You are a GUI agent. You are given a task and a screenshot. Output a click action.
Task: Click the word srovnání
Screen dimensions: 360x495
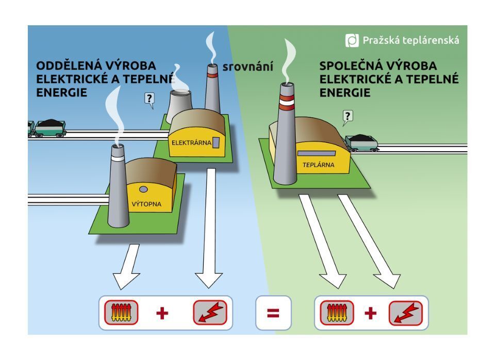tap(247, 67)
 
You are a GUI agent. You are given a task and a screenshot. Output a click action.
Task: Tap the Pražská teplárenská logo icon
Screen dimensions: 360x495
tap(352, 40)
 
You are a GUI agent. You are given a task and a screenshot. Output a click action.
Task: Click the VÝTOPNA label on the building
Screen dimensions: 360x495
tap(146, 204)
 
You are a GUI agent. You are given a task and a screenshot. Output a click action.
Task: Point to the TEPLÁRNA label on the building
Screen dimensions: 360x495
tap(318, 165)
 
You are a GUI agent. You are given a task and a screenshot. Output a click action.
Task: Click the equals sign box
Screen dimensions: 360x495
tap(273, 313)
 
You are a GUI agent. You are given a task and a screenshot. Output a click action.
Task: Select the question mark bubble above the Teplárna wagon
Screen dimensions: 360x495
tap(348, 117)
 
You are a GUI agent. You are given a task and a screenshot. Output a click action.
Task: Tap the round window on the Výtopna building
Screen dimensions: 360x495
tap(143, 189)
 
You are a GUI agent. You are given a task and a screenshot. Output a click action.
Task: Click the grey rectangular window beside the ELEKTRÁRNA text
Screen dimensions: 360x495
tap(217, 142)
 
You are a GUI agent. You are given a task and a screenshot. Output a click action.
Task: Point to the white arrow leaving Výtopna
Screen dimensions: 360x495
tap(126, 266)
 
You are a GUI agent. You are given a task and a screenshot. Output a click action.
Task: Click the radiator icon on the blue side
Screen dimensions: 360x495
tap(122, 313)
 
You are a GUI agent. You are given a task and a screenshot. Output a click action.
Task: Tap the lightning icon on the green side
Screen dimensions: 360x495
tap(405, 313)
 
